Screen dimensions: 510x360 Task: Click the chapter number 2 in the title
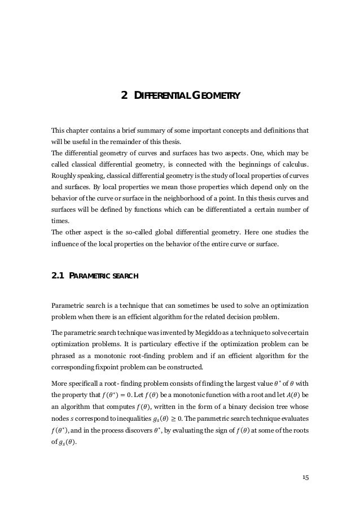point(125,95)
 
